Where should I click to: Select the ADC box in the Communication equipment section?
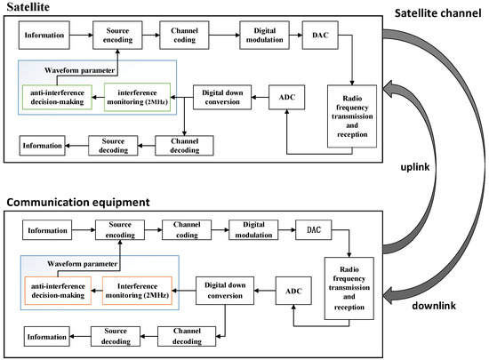[x=294, y=290]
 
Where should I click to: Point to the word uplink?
[x=430, y=166]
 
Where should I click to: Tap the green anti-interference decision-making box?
[x=60, y=95]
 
